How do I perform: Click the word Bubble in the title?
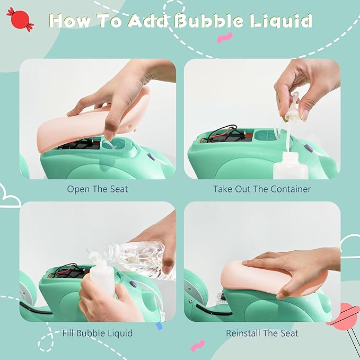coord(208,21)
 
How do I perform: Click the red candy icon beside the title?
coord(20,19)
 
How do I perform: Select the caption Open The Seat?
coord(98,189)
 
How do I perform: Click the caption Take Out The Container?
coord(262,189)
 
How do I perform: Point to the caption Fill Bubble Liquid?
coord(98,333)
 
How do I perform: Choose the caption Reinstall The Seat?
coord(262,333)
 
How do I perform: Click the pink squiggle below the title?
coord(225,38)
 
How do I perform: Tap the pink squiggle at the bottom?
coord(198,346)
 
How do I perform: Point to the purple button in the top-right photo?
coord(309,148)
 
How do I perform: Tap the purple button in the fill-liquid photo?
coord(134,284)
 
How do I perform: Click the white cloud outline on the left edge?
coord(9,197)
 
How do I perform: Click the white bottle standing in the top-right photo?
coord(290,165)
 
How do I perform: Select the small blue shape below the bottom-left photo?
coord(159,326)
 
